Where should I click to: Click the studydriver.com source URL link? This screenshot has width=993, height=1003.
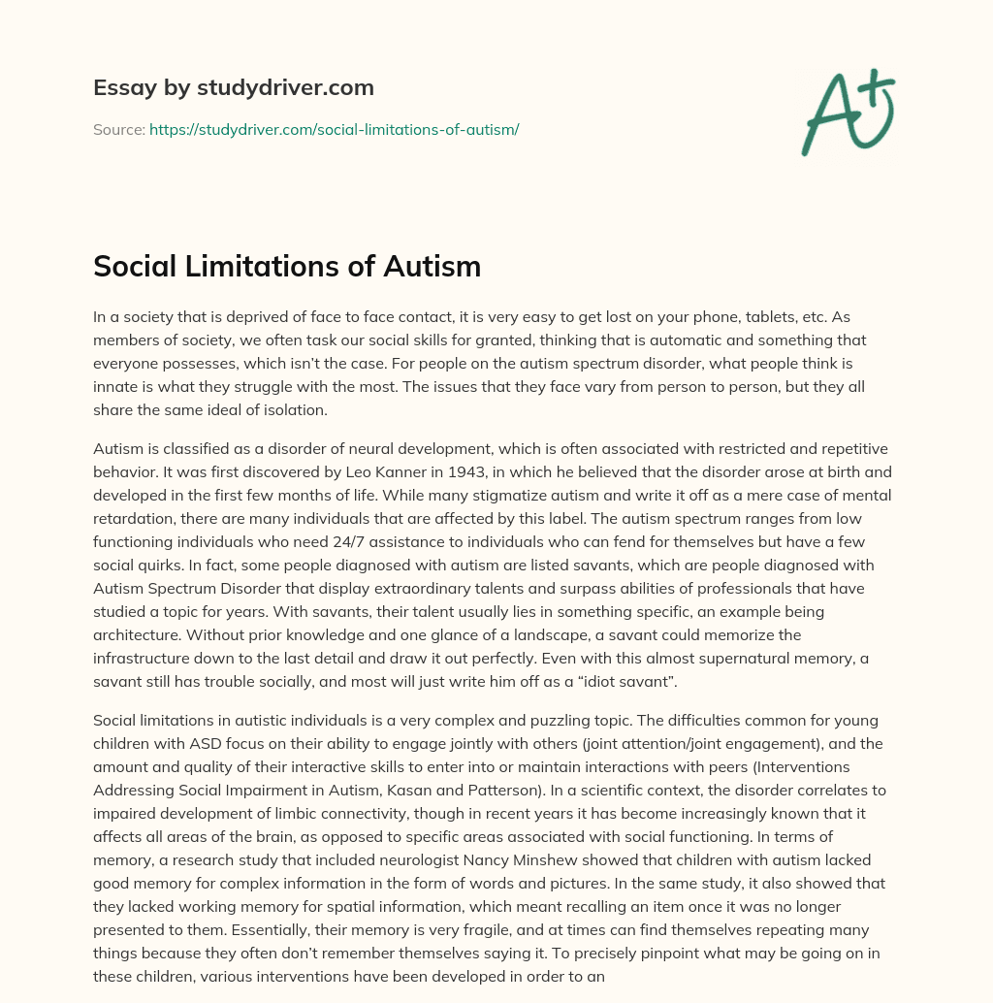(x=334, y=129)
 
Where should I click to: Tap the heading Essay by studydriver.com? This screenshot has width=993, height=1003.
(x=233, y=87)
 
